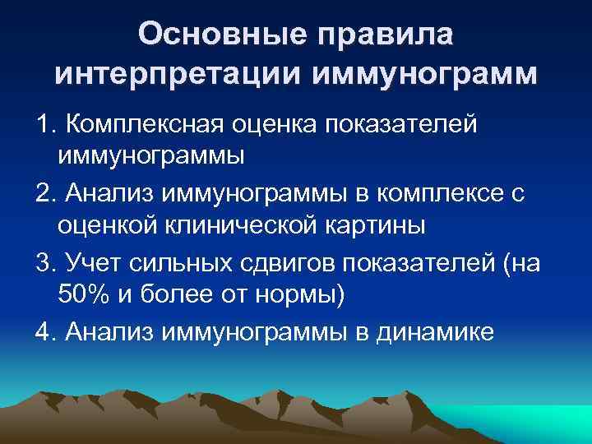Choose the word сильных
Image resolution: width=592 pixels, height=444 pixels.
click(182, 262)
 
